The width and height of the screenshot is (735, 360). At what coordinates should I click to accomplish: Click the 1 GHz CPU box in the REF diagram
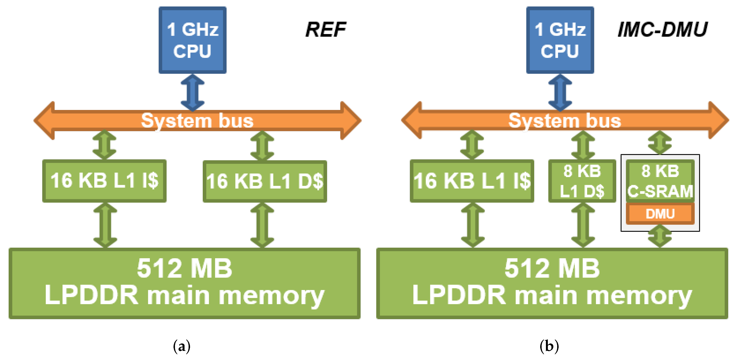(x=193, y=40)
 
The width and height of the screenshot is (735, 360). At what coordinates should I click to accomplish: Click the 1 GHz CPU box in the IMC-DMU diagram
(x=560, y=40)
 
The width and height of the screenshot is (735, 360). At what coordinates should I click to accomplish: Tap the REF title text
(x=326, y=30)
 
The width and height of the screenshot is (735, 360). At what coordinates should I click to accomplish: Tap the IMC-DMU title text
(x=662, y=30)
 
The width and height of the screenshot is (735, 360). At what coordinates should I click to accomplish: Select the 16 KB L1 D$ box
(x=265, y=181)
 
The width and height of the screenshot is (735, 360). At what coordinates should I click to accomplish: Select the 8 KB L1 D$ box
(x=582, y=181)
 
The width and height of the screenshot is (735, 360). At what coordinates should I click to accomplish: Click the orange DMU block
(x=660, y=214)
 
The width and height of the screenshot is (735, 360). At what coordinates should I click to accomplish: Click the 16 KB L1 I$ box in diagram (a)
(x=104, y=181)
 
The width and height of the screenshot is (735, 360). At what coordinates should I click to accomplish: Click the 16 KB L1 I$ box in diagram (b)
(x=472, y=181)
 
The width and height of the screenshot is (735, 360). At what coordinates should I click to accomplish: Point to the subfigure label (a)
(x=181, y=346)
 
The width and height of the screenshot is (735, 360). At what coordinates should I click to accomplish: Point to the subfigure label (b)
(x=549, y=346)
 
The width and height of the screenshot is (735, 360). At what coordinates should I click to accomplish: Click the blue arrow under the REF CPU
(x=193, y=92)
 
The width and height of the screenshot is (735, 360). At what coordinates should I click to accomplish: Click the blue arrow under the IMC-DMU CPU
(x=560, y=92)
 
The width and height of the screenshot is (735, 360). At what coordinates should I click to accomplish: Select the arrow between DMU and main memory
(x=660, y=236)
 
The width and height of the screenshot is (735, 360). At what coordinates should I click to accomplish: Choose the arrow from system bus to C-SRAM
(x=660, y=143)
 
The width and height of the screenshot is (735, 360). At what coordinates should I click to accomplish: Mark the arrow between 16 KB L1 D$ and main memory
(x=262, y=225)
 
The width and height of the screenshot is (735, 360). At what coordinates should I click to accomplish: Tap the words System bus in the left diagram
(x=197, y=121)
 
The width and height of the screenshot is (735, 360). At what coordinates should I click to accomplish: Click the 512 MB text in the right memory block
(x=552, y=268)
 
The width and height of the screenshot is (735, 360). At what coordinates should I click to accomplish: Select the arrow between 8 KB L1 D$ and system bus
(x=583, y=145)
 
